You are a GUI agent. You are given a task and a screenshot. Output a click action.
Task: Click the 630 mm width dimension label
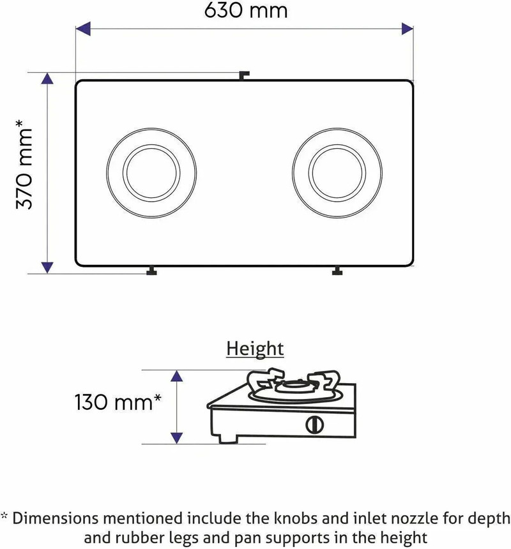pyautogui.click(x=246, y=10)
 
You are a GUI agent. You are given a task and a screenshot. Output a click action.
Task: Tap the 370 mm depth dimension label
pyautogui.click(x=24, y=164)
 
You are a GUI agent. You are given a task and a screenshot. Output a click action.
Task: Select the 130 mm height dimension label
pyautogui.click(x=118, y=402)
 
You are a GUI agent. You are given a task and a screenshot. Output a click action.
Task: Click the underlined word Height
pyautogui.click(x=255, y=349)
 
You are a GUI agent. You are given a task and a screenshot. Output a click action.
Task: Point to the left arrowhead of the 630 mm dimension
pyautogui.click(x=83, y=29)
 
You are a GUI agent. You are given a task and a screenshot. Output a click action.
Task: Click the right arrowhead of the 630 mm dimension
pyautogui.click(x=407, y=29)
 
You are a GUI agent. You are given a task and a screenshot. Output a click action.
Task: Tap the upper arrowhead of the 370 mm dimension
pyautogui.click(x=47, y=79)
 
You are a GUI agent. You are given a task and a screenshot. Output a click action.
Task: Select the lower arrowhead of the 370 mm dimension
pyautogui.click(x=47, y=267)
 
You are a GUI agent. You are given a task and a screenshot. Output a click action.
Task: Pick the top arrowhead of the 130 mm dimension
pyautogui.click(x=177, y=376)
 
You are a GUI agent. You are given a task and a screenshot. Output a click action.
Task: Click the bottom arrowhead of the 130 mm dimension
pyautogui.click(x=177, y=438)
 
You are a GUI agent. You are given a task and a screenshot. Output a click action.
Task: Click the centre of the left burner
pyautogui.click(x=151, y=173)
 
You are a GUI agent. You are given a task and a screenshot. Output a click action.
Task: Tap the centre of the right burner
pyautogui.click(x=337, y=173)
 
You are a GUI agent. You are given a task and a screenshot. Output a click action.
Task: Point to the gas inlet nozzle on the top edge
pyautogui.click(x=244, y=75)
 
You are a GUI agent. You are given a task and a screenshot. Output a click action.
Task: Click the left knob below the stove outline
pyautogui.click(x=151, y=271)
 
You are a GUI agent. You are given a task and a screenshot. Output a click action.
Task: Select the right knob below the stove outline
pyautogui.click(x=337, y=271)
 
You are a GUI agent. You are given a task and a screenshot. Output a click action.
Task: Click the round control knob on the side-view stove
pyautogui.click(x=314, y=425)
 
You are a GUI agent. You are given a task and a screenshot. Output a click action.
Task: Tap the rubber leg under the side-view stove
pyautogui.click(x=228, y=439)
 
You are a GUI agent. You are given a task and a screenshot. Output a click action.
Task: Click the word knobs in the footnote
pyautogui.click(x=296, y=518)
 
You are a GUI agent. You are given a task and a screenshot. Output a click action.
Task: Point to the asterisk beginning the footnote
pyautogui.click(x=4, y=515)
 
